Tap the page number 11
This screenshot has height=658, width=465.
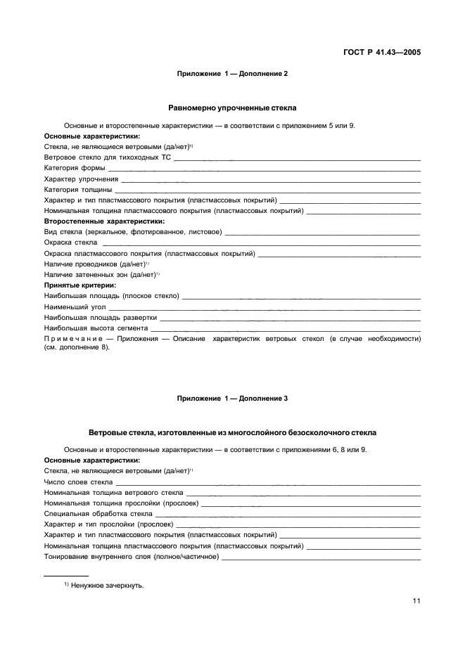tap(416, 601)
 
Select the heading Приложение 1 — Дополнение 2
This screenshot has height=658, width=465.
tap(232, 73)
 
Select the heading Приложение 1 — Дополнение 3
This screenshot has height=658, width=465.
tap(232, 399)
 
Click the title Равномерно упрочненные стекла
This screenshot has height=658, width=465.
tap(232, 108)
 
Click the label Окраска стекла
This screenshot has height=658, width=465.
tap(70, 242)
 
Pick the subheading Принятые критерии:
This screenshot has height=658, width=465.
tap(79, 285)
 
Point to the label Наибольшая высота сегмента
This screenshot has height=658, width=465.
tap(96, 328)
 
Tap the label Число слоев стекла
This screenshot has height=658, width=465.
tap(78, 482)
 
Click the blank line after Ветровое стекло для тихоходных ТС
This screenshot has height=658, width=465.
tap(296, 159)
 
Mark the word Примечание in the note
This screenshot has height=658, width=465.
tap(77, 339)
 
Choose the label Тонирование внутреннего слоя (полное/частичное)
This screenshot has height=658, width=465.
tap(131, 556)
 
